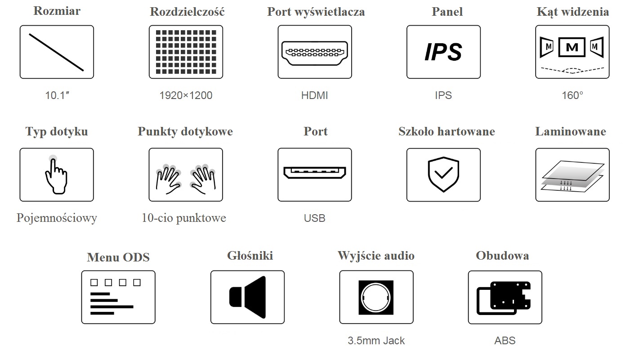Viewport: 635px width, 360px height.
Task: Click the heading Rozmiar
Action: click(57, 11)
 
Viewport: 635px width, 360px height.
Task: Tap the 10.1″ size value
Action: click(57, 95)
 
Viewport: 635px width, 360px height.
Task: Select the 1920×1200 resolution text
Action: click(186, 95)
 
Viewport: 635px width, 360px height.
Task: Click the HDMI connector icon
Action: click(314, 52)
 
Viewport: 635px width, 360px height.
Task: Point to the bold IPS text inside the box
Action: click(443, 52)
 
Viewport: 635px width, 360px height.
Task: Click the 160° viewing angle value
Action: click(572, 95)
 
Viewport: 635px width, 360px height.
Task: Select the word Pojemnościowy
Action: click(57, 218)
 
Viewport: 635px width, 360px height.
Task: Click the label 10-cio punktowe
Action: click(183, 218)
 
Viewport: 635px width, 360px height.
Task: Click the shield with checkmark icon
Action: click(443, 175)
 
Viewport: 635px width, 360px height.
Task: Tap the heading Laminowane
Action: click(570, 132)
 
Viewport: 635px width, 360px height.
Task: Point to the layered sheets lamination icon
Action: click(572, 175)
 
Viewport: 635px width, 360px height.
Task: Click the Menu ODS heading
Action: click(118, 257)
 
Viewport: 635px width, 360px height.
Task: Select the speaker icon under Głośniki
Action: click(248, 297)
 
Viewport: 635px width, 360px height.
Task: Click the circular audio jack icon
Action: click(376, 297)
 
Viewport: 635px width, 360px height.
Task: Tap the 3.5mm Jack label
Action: click(376, 341)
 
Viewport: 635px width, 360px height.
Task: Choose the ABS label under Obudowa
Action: click(505, 341)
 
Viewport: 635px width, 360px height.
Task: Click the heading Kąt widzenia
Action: click(572, 12)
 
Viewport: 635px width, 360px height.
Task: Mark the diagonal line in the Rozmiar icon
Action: click(57, 52)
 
